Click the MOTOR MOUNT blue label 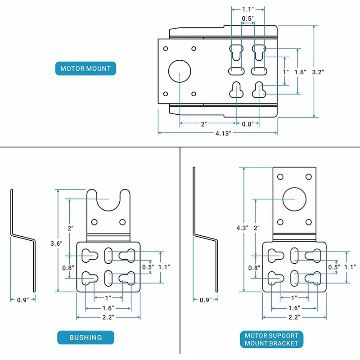85,68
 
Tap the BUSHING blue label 85,337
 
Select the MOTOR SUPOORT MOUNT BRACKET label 272,339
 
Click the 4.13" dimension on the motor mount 223,133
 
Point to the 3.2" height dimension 318,72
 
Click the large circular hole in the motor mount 180,71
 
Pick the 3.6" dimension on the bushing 56,243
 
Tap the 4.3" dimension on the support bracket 243,228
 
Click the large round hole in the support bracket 294,199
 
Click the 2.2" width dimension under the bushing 108,317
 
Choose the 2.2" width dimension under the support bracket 294,317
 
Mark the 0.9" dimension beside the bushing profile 23,300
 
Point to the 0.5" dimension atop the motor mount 248,18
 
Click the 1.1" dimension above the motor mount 248,9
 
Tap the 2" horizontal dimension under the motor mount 204,124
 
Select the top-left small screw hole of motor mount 165,49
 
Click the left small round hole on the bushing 94,222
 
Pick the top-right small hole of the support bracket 309,176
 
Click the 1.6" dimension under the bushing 108,308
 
